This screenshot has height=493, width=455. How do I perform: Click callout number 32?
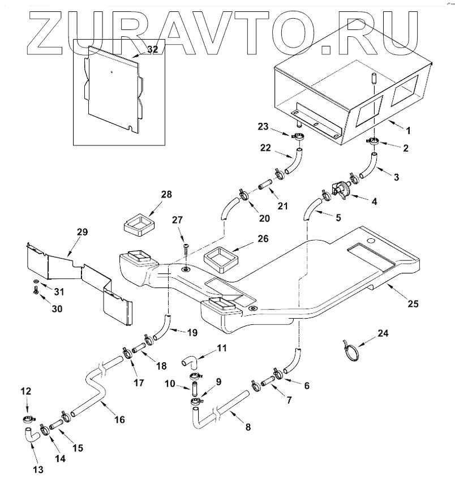click(152, 50)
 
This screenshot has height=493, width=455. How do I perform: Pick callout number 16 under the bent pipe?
click(119, 419)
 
